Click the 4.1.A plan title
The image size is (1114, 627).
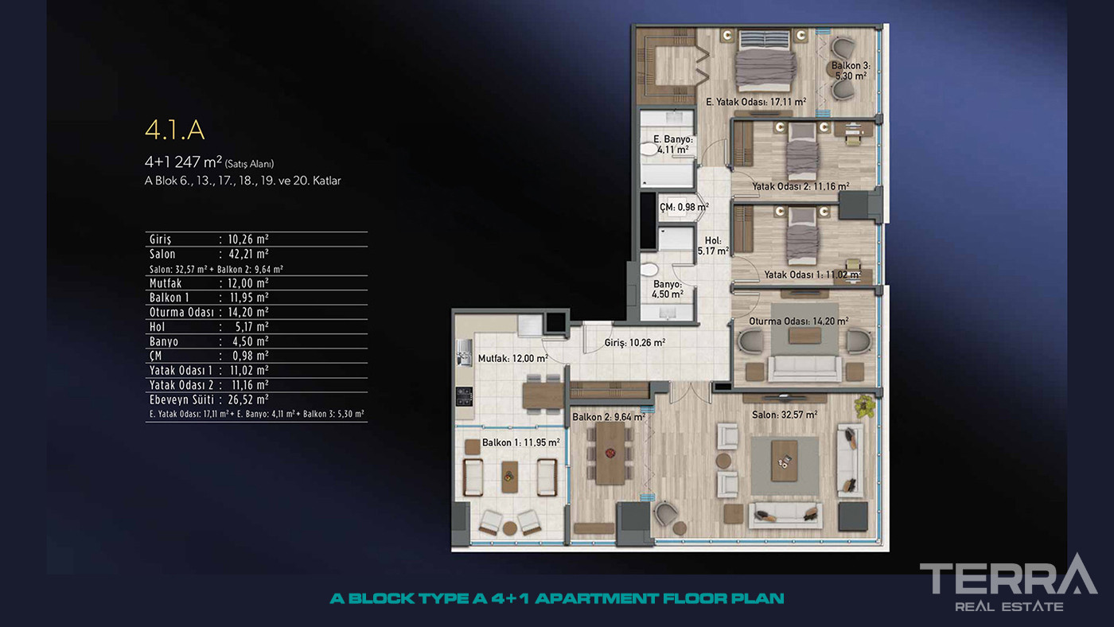pyautogui.click(x=174, y=130)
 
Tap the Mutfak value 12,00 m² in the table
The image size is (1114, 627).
pyautogui.click(x=248, y=283)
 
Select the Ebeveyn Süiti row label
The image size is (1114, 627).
pyautogui.click(x=181, y=399)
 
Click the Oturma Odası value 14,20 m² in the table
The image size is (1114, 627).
pyautogui.click(x=248, y=312)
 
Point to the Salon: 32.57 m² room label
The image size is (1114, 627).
pyautogui.click(x=785, y=415)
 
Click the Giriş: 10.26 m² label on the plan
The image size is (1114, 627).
pyautogui.click(x=635, y=343)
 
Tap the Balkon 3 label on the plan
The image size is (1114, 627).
pyautogui.click(x=851, y=71)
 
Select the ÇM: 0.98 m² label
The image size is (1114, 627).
pyautogui.click(x=684, y=207)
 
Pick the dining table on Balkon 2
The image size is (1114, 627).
pyautogui.click(x=610, y=453)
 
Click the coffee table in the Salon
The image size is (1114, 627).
pyautogui.click(x=785, y=461)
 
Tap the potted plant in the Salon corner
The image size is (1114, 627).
pyautogui.click(x=864, y=406)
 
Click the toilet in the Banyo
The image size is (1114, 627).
pyautogui.click(x=649, y=270)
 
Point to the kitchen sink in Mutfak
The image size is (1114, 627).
pyautogui.click(x=464, y=352)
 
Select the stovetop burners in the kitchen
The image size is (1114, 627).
pyautogui.click(x=465, y=397)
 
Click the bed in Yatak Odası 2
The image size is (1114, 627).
pyautogui.click(x=802, y=152)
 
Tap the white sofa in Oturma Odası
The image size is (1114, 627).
pyautogui.click(x=805, y=368)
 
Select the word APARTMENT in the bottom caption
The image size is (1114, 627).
pyautogui.click(x=598, y=598)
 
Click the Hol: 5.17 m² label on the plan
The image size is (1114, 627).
pyautogui.click(x=713, y=246)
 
